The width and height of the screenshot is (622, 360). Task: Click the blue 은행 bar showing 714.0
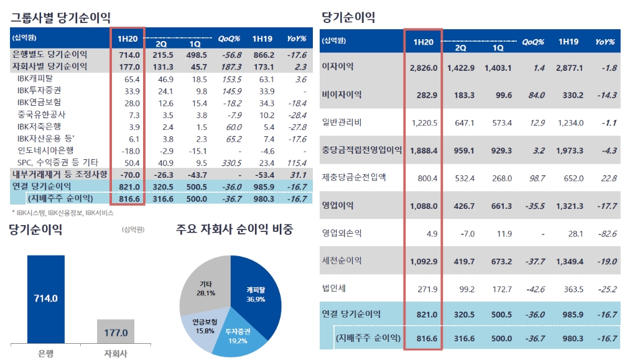tap(46, 298)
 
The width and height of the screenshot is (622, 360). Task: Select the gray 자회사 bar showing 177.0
tap(116, 332)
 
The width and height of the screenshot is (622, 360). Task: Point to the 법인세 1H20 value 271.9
tap(425, 288)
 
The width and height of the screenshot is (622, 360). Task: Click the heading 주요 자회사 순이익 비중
tap(234, 229)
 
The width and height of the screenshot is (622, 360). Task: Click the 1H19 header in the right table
tap(568, 42)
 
